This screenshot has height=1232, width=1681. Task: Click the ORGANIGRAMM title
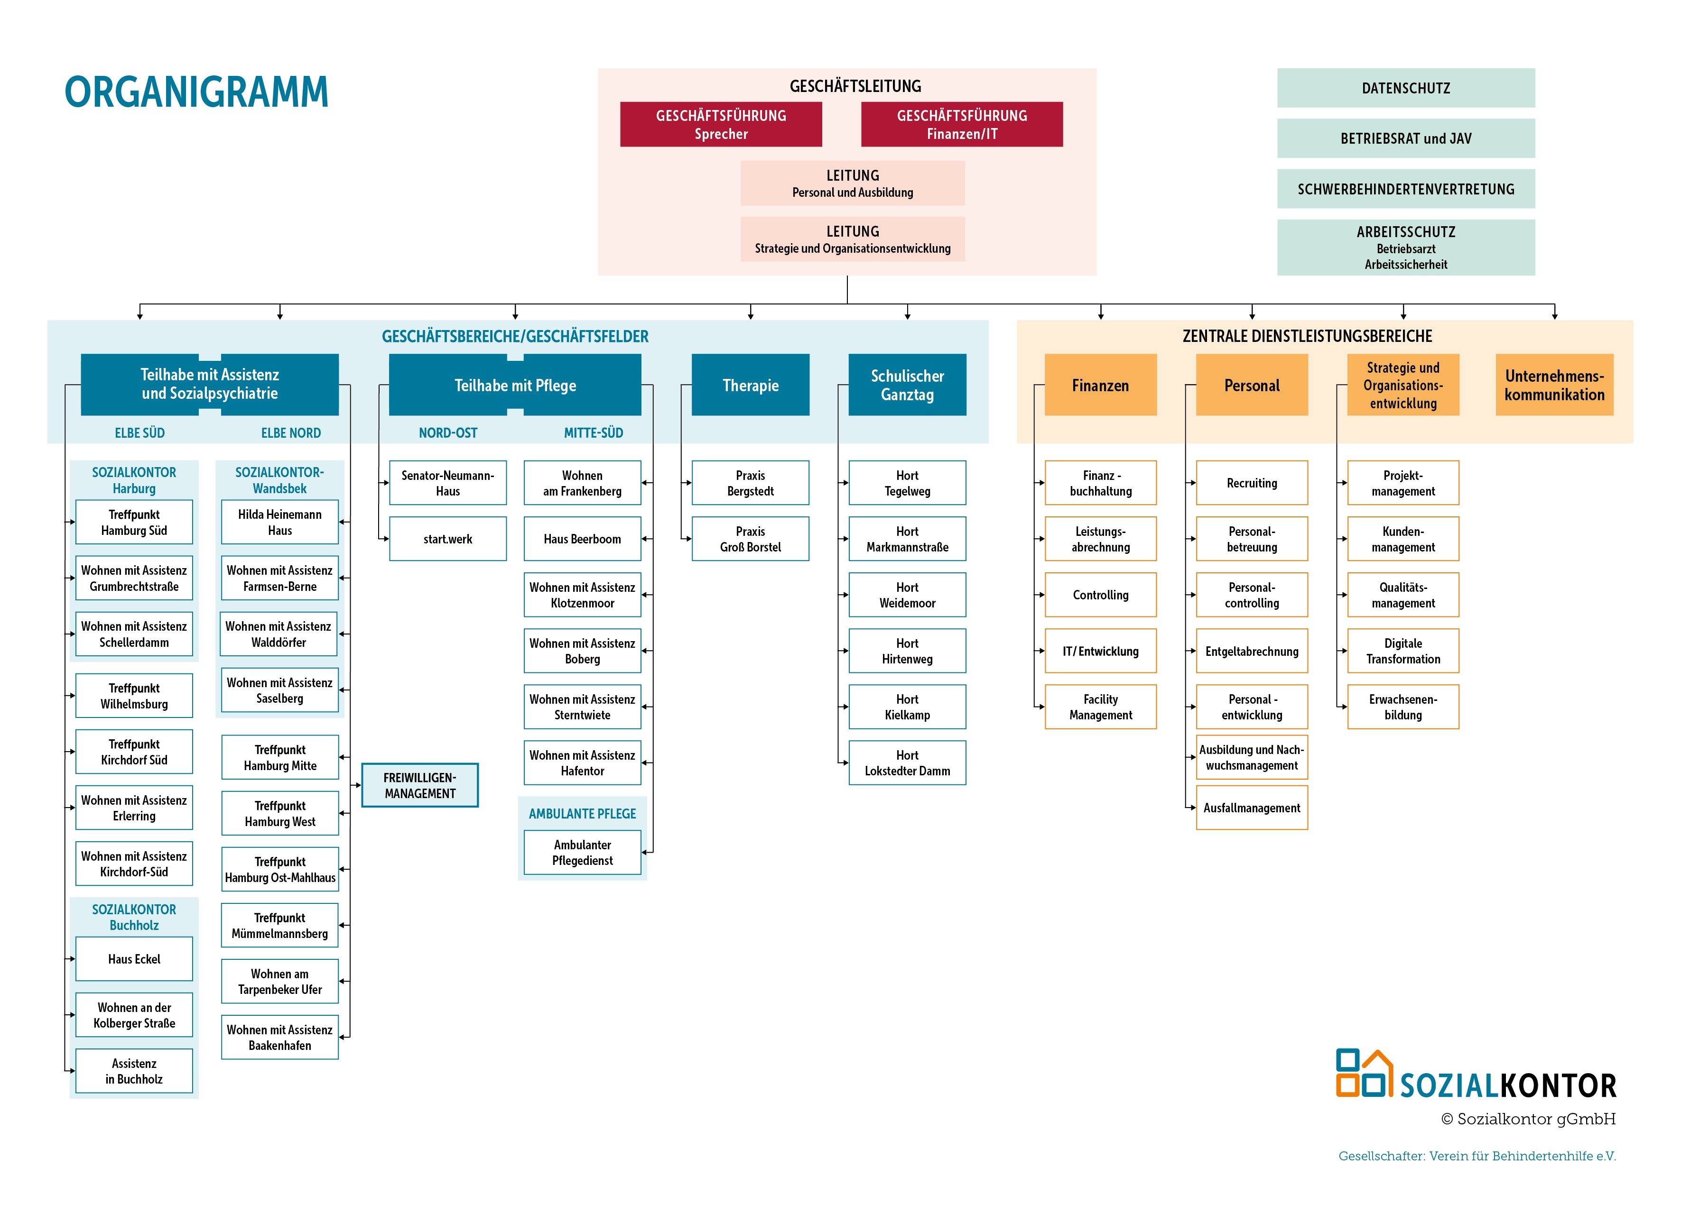coord(196,92)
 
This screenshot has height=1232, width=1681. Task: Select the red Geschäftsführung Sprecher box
coord(720,125)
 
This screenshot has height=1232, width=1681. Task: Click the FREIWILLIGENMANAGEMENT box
coord(419,785)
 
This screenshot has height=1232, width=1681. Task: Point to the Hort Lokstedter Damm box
coord(907,763)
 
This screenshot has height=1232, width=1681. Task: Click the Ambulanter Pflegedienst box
coord(582,853)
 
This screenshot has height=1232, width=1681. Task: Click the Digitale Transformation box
coord(1402,651)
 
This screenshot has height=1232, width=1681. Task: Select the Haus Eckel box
coord(134,959)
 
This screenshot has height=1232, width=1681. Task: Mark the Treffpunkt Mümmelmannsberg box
coord(280,926)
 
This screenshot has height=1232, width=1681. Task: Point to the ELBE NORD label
coord(290,432)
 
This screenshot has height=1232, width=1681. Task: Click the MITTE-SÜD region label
coord(593,432)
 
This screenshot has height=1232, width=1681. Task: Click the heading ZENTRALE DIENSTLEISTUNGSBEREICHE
coord(1307,336)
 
